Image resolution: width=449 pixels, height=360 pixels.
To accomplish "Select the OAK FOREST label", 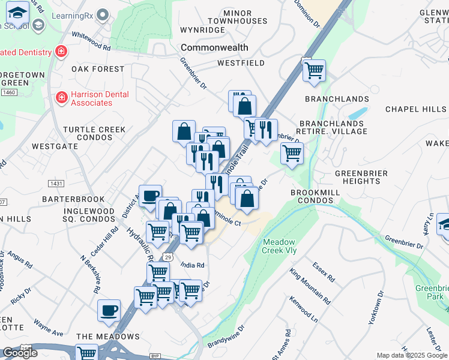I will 97,69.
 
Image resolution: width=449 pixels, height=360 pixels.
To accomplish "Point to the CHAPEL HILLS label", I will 415,109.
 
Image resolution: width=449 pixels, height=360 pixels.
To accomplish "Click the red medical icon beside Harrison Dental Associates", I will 61,97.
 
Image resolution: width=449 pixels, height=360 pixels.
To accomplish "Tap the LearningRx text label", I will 71,13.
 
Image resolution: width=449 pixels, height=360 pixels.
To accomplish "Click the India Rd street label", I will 192,265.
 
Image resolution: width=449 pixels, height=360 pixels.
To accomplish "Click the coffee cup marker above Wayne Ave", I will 109,310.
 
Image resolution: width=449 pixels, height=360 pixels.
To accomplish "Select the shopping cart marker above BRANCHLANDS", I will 314,71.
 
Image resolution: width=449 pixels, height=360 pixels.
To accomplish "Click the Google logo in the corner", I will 20,353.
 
